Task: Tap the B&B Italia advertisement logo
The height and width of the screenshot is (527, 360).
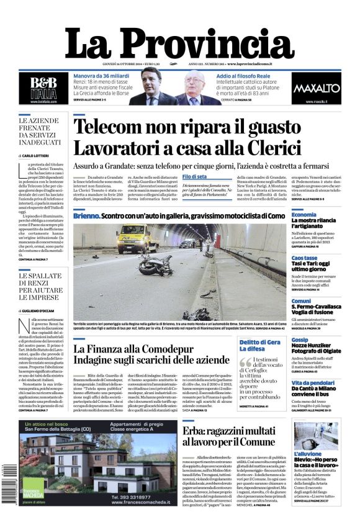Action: [x=45, y=86]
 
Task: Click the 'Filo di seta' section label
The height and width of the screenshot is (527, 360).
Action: [x=194, y=178]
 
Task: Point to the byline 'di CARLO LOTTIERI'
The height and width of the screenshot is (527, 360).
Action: [x=37, y=156]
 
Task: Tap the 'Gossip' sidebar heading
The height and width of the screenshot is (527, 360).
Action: [x=300, y=340]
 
